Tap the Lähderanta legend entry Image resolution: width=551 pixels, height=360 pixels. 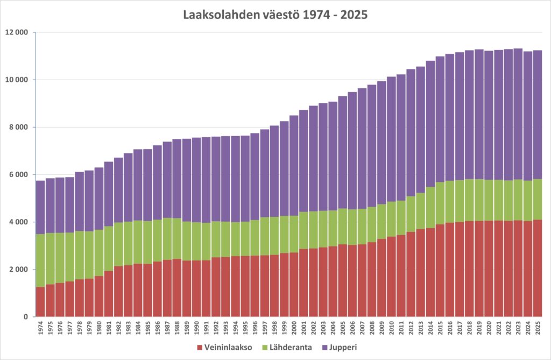289,348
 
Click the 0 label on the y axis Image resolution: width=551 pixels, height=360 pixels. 25,317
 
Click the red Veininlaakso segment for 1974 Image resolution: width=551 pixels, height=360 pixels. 40,302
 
